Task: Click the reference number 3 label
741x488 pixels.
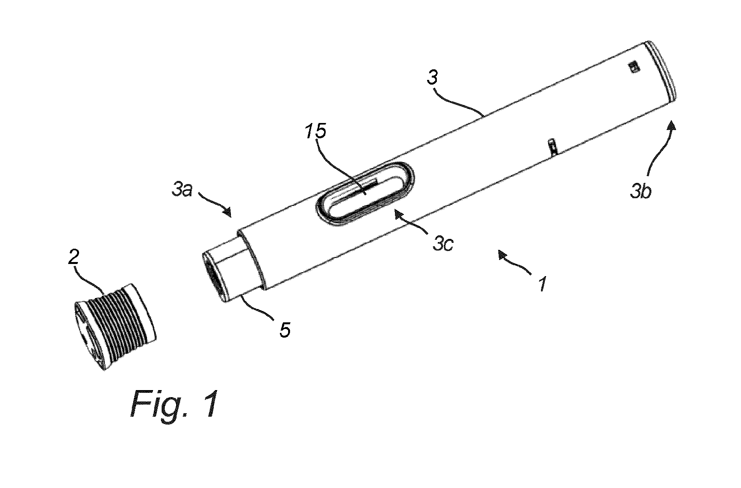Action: pos(432,78)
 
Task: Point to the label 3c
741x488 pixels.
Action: pos(443,242)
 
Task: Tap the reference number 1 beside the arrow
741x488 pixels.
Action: pos(542,284)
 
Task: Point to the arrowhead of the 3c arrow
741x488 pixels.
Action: pos(397,213)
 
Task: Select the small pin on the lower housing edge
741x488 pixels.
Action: pos(553,147)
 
